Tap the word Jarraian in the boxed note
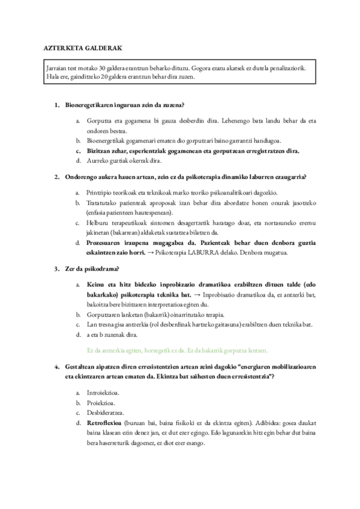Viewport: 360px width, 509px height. (58, 68)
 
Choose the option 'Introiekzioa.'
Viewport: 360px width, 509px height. (103, 392)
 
